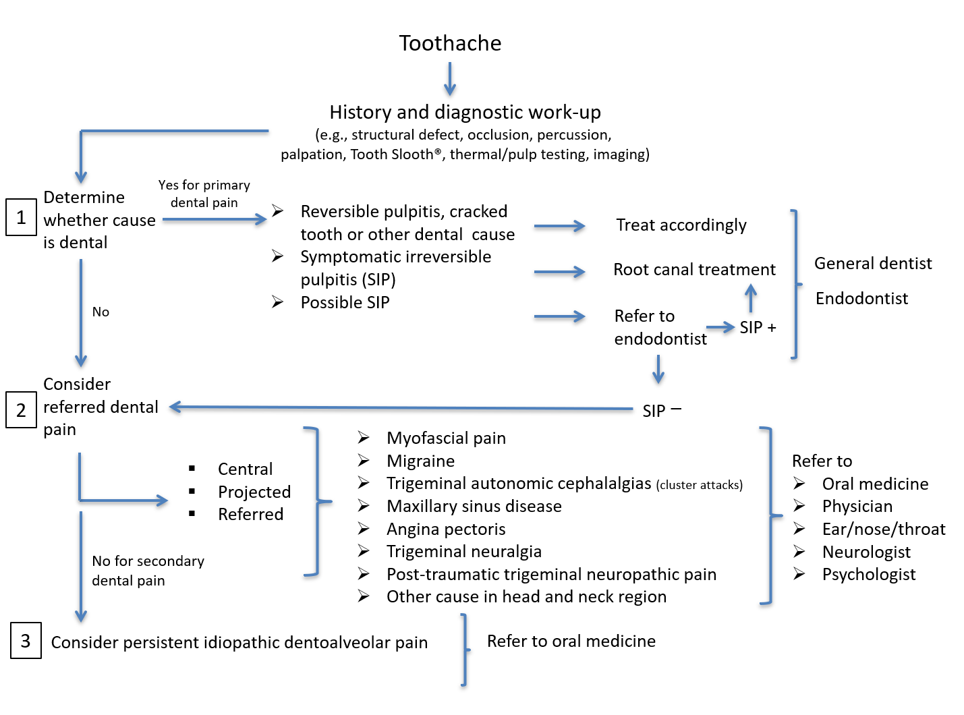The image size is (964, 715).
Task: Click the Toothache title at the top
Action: click(x=450, y=43)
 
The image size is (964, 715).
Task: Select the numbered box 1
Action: click(x=21, y=217)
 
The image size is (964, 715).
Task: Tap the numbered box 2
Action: click(x=21, y=410)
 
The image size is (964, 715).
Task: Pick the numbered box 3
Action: click(x=26, y=641)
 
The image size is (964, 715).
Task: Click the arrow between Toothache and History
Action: click(x=450, y=79)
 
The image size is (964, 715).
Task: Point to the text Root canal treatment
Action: click(x=694, y=270)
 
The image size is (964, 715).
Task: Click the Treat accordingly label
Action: click(x=681, y=225)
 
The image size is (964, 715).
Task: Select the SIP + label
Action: click(x=758, y=328)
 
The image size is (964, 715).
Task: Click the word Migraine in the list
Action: click(x=420, y=461)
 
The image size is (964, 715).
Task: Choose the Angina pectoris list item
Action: click(x=446, y=530)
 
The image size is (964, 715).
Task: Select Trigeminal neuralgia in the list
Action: click(x=464, y=552)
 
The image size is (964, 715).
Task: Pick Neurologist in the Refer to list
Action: click(x=866, y=552)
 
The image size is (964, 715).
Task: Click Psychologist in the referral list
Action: click(x=869, y=575)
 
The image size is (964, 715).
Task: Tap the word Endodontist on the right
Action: click(x=861, y=299)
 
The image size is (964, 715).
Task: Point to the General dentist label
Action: click(x=873, y=264)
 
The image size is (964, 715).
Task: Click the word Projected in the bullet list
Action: click(x=254, y=492)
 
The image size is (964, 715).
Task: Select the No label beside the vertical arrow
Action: click(x=101, y=312)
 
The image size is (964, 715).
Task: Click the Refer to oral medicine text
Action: click(x=571, y=641)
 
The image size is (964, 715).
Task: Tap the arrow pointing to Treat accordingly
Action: click(x=559, y=227)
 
